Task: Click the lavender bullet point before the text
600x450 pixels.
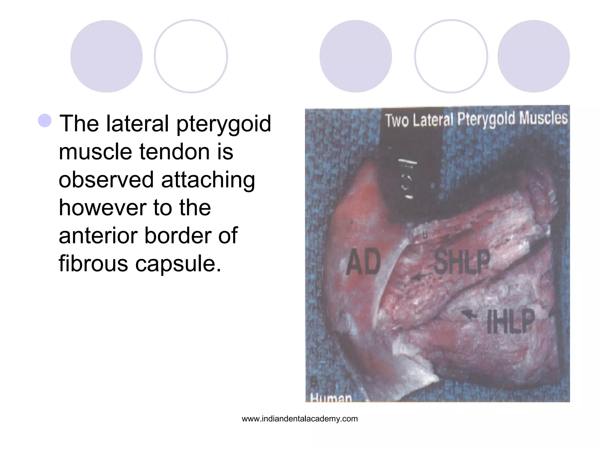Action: (45, 121)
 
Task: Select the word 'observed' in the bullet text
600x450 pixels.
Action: (106, 179)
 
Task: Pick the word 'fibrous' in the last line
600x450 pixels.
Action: (93, 263)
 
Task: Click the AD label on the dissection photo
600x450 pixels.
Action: (363, 262)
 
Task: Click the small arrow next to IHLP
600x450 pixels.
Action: (469, 315)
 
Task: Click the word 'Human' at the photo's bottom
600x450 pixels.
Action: (331, 398)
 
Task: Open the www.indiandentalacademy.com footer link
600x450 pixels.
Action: (300, 419)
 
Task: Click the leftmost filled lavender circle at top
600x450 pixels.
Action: (106, 56)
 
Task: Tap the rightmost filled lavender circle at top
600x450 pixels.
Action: (533, 56)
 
